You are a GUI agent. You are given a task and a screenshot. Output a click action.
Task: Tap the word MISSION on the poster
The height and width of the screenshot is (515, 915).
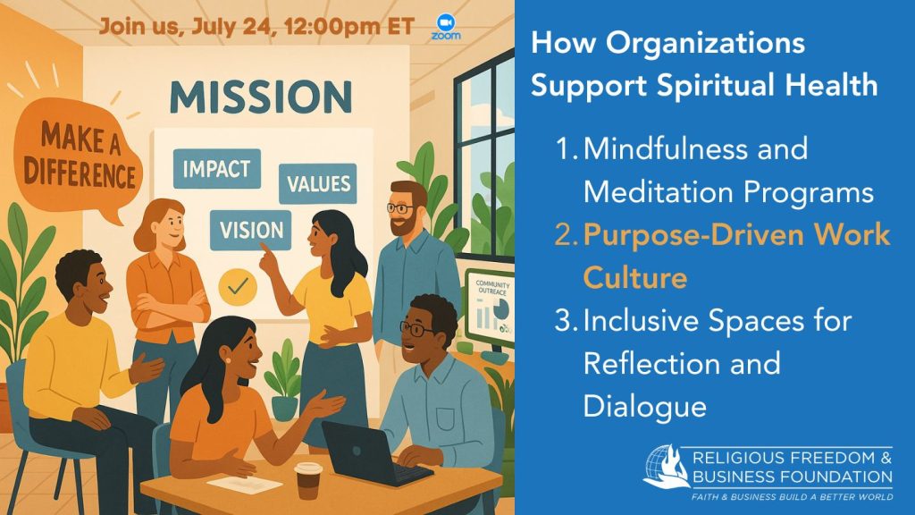[261, 97]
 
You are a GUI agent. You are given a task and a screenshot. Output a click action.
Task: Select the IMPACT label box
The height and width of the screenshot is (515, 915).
[216, 169]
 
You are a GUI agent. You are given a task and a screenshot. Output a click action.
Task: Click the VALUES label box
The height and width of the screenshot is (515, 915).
[318, 183]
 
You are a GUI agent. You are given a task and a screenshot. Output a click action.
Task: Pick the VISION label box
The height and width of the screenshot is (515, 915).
[251, 230]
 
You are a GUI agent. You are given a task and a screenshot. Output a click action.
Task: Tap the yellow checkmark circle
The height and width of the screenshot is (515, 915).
[238, 286]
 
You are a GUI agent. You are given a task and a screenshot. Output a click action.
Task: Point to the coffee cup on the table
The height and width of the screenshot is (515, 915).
[307, 480]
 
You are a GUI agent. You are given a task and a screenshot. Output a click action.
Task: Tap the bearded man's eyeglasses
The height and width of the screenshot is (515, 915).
[400, 207]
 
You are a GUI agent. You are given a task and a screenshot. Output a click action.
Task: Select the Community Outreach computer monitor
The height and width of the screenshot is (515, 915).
[490, 309]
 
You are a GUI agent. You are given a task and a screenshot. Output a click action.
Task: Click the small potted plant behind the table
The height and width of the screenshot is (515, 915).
[284, 380]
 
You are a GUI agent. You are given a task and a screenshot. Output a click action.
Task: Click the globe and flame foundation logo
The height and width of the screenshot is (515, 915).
[666, 467]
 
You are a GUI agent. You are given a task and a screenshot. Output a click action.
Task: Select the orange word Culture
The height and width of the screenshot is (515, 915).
[635, 277]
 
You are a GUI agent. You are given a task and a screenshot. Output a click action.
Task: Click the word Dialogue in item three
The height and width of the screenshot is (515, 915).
[645, 407]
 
